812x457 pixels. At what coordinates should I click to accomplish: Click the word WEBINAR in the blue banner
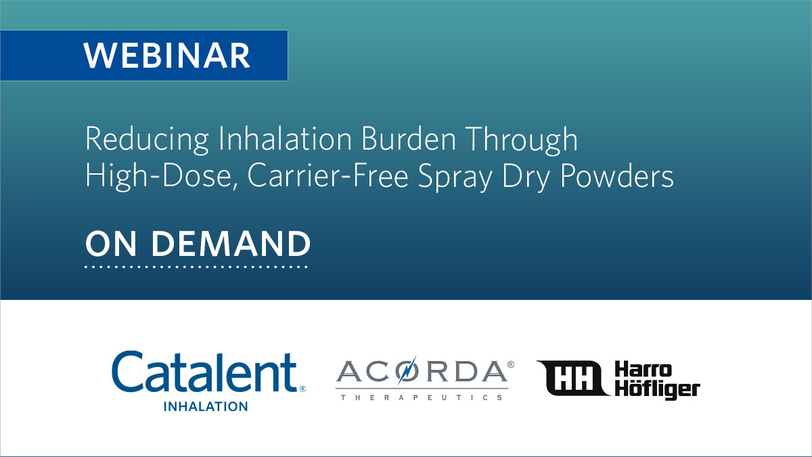pos(167,56)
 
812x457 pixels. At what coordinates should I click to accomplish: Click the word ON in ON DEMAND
pos(110,244)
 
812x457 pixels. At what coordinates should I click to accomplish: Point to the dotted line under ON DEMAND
pos(196,267)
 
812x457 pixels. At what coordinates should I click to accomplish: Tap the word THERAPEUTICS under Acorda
pos(421,397)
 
